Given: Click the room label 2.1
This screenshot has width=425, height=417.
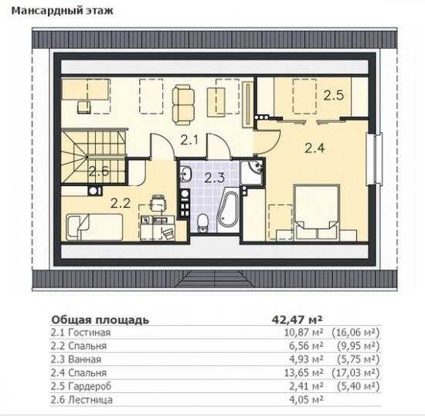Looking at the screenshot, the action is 189,141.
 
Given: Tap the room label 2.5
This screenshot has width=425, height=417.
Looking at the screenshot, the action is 334,96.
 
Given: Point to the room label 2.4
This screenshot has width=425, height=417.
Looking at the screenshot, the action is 314,148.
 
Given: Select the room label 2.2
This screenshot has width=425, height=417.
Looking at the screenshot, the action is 121,203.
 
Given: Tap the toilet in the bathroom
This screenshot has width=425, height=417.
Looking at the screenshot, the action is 202,222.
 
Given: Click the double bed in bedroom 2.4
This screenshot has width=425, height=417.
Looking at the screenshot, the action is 317,212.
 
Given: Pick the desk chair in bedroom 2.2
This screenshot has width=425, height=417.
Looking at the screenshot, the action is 158,202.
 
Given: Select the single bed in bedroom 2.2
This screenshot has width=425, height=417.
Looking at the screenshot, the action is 94,227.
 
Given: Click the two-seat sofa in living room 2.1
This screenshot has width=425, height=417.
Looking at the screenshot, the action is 183,105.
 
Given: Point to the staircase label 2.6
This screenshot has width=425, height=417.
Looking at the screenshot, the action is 99,171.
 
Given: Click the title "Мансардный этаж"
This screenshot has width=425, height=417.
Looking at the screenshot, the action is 62,11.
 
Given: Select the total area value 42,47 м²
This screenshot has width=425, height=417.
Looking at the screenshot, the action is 297,320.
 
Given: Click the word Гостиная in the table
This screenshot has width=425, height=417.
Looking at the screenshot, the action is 89,333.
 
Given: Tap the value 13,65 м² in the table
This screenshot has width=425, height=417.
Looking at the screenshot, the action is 304,373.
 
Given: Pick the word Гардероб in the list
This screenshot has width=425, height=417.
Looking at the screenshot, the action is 90,386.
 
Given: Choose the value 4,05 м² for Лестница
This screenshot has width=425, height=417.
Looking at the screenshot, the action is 306,400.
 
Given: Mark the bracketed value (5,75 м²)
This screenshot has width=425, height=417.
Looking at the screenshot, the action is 359,360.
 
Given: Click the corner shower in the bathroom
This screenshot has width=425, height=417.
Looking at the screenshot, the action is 252,172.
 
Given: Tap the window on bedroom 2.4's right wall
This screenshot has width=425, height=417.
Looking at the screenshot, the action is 374,159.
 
